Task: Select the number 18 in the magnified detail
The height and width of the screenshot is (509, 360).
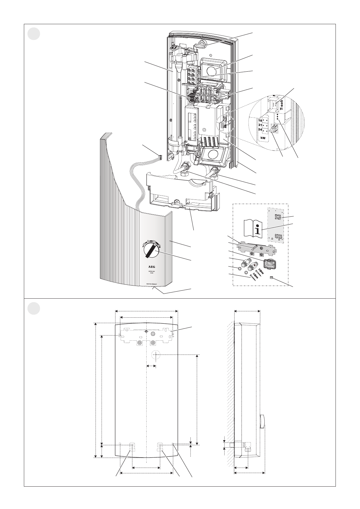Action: click(x=260, y=120)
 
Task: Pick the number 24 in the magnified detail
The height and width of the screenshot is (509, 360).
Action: click(x=260, y=129)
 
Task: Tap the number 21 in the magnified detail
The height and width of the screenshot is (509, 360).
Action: click(x=260, y=125)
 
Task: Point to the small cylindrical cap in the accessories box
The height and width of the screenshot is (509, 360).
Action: click(x=271, y=278)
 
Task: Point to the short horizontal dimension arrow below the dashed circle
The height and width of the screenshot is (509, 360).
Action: click(x=151, y=366)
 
